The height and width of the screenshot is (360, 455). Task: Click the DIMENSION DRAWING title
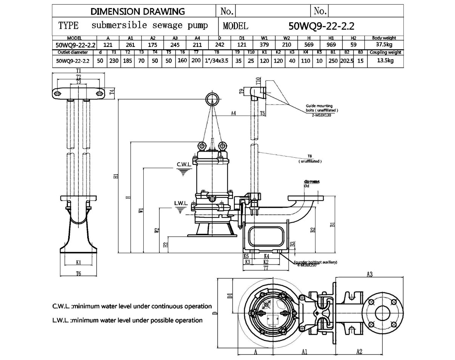[x=138, y=11]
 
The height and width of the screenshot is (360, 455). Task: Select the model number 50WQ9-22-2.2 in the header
[x=322, y=26]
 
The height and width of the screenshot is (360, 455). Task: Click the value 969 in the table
[x=331, y=44]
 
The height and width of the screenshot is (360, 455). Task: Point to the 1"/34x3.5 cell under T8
[x=217, y=60]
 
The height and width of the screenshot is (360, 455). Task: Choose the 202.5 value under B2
[x=347, y=60]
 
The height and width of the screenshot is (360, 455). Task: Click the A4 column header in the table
[x=197, y=38]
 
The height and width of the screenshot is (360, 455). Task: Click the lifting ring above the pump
[x=212, y=99]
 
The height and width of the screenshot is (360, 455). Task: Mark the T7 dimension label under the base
[x=266, y=268]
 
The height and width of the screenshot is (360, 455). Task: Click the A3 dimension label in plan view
[x=370, y=274]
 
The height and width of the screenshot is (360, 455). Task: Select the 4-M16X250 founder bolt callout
[x=306, y=265]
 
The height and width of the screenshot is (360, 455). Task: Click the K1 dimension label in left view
[x=78, y=262]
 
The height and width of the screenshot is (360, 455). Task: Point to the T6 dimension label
[x=78, y=273]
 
